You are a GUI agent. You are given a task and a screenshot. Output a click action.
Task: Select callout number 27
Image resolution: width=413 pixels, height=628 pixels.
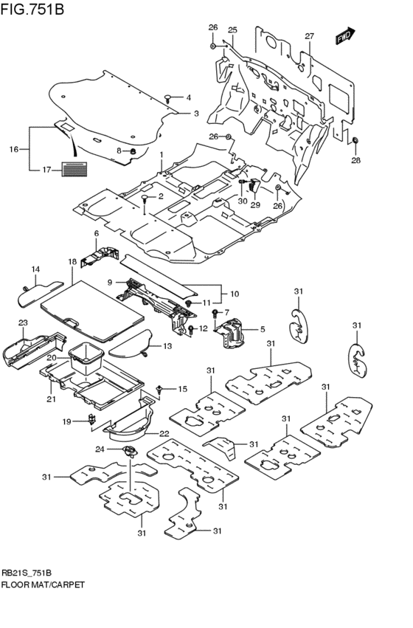coord(309,37)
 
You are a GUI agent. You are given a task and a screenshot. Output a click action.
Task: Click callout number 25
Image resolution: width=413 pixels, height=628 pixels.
coord(232,30)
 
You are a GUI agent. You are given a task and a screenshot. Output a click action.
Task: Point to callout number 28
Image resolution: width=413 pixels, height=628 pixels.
coord(355,160)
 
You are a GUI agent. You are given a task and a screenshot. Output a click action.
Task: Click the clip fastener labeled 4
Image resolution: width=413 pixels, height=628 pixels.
coord(169,97)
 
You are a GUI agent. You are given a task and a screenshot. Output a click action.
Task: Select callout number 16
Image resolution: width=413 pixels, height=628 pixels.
coord(13,149)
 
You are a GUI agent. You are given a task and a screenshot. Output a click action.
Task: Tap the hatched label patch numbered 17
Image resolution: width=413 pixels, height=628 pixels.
coord(74,170)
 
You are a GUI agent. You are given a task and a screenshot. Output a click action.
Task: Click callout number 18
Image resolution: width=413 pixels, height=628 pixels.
coord(72,262)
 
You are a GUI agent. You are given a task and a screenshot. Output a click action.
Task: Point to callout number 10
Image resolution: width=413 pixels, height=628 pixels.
coord(235,293)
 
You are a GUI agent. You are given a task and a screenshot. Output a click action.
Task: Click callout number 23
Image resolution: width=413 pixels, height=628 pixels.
coord(23,322)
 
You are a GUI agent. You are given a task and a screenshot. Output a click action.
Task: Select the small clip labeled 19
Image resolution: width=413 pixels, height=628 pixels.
coord(92,421)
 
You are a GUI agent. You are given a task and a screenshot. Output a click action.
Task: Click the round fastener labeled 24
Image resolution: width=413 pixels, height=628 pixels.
coord(130,451)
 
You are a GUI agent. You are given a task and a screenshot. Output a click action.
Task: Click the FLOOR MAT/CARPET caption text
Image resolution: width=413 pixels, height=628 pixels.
coord(43,584)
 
